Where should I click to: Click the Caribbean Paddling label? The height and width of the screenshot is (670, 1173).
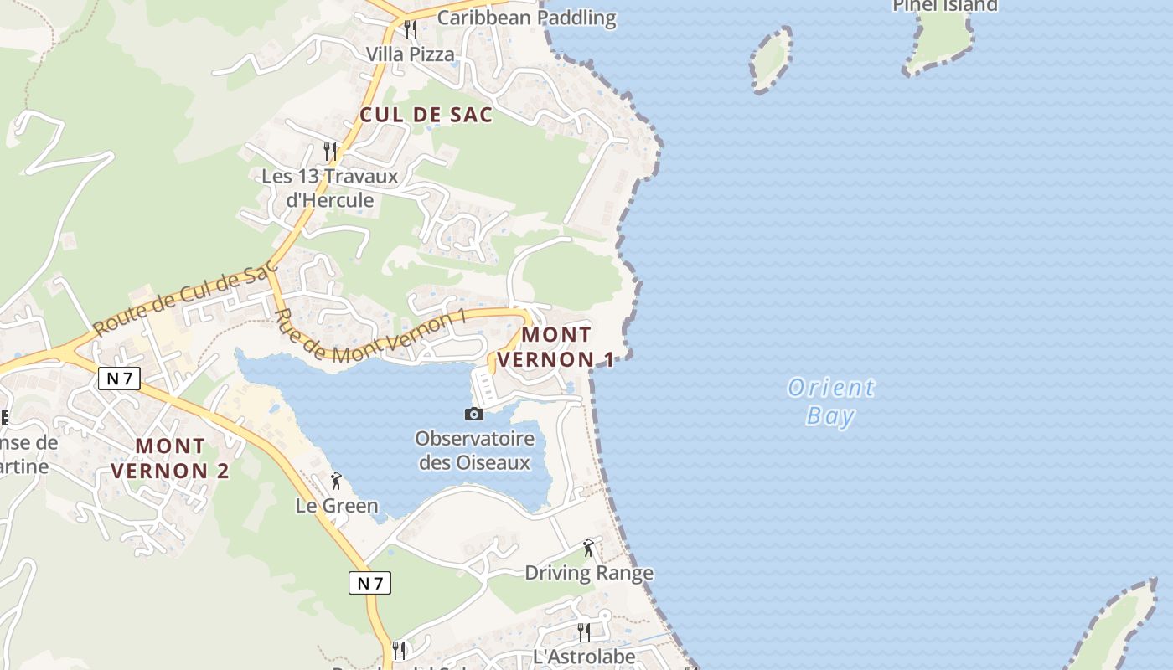(526, 18)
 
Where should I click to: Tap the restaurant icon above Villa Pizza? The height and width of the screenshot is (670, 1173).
(410, 29)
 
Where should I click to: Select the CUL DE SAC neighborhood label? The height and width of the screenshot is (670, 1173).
(426, 116)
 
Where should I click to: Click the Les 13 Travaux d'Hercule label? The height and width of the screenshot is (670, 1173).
(329, 188)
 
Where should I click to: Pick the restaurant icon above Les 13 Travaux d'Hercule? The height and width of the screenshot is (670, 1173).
(330, 152)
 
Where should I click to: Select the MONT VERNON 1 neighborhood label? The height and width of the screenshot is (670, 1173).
(556, 347)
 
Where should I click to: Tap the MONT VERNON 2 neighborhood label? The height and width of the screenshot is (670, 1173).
(170, 458)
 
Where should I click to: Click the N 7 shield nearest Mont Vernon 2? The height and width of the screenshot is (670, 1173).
(119, 379)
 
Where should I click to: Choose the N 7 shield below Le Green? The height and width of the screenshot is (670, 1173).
(369, 583)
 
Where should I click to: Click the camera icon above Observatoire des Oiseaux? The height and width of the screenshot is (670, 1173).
(474, 414)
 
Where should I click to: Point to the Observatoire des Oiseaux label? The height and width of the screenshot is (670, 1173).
(474, 451)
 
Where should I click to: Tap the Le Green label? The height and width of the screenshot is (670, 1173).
(337, 506)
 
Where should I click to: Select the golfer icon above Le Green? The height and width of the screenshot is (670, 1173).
(336, 481)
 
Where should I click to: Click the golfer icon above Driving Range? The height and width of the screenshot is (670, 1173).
(588, 548)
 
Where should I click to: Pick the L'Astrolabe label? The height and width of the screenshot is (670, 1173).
(584, 657)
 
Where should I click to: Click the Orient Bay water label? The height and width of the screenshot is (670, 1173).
(831, 401)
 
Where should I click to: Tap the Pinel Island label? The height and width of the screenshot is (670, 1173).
(945, 6)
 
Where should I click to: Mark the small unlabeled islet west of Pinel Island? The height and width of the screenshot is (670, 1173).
(771, 59)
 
